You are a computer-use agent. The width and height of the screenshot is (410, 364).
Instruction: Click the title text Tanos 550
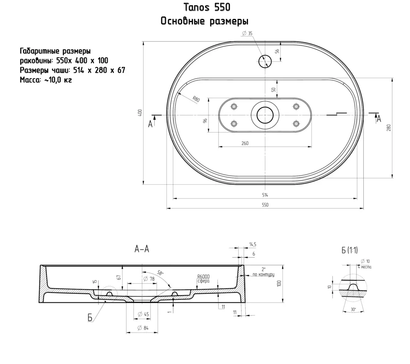point(207,7)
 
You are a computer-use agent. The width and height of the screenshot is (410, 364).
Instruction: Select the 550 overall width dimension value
point(265,205)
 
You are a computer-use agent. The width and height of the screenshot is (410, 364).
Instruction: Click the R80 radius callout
point(196,99)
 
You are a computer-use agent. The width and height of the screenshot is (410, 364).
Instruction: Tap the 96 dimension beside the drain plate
point(205,120)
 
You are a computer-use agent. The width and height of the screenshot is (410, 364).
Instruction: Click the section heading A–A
point(141,249)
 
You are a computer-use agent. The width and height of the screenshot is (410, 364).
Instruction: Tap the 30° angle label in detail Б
point(352,309)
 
